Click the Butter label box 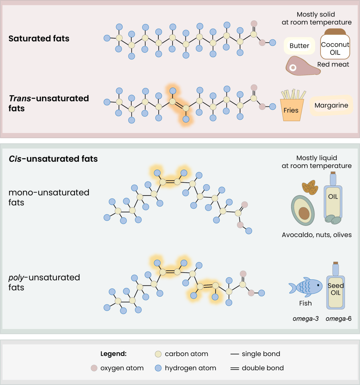[299, 46]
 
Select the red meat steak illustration [301, 66]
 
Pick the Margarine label [331, 105]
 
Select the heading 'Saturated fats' [39, 38]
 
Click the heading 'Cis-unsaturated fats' [53, 159]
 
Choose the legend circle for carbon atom [158, 354]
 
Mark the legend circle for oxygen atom [94, 368]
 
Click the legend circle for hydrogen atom [158, 368]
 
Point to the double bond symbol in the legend [235, 368]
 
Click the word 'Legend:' [113, 354]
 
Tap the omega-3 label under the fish [305, 319]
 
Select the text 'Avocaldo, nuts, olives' [316, 235]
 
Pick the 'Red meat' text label [333, 64]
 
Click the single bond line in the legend [235, 354]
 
